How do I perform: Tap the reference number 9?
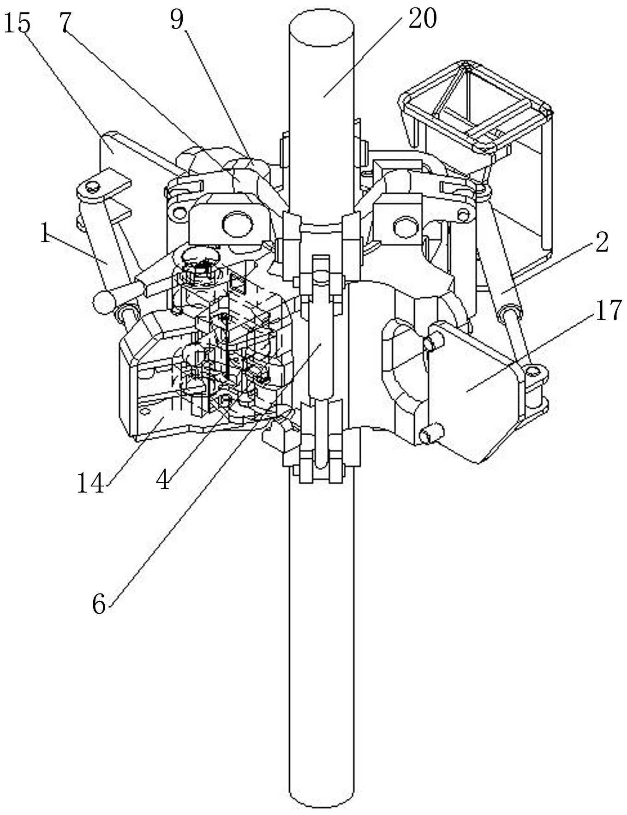177,20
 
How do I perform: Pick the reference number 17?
608,310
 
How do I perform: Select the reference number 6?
99,604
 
